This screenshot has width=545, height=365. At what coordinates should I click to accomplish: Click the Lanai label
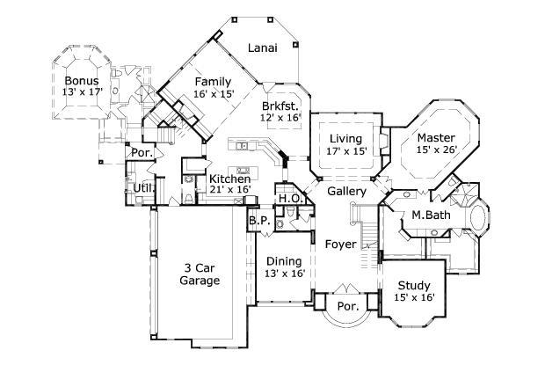[x=262, y=48]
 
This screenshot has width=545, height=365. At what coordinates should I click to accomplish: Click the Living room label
[x=346, y=139]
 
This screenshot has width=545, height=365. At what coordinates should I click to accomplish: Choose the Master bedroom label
[x=435, y=138]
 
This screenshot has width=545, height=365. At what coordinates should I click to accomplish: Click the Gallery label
[x=346, y=191]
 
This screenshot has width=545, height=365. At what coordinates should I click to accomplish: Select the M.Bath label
[x=432, y=215]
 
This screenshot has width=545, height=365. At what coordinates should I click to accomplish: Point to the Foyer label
[x=340, y=243]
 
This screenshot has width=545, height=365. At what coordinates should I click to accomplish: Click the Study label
[x=413, y=285]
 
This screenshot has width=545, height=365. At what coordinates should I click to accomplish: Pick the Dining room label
[x=284, y=261]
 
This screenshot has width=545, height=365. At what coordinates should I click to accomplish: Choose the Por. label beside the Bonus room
[x=142, y=152]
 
